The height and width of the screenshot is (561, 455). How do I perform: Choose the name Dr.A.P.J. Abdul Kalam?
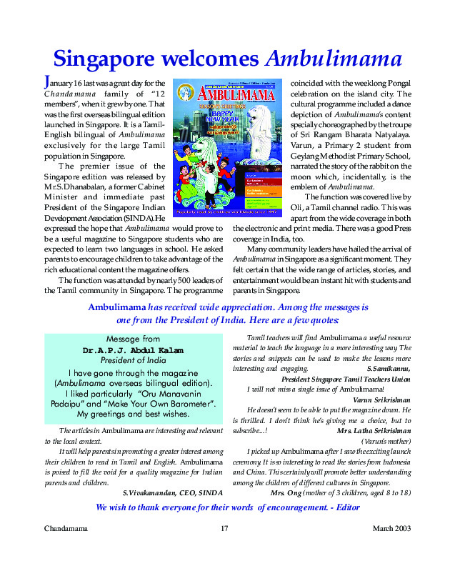(x=133, y=350)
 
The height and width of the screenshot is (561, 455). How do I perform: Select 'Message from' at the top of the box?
(x=133, y=339)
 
